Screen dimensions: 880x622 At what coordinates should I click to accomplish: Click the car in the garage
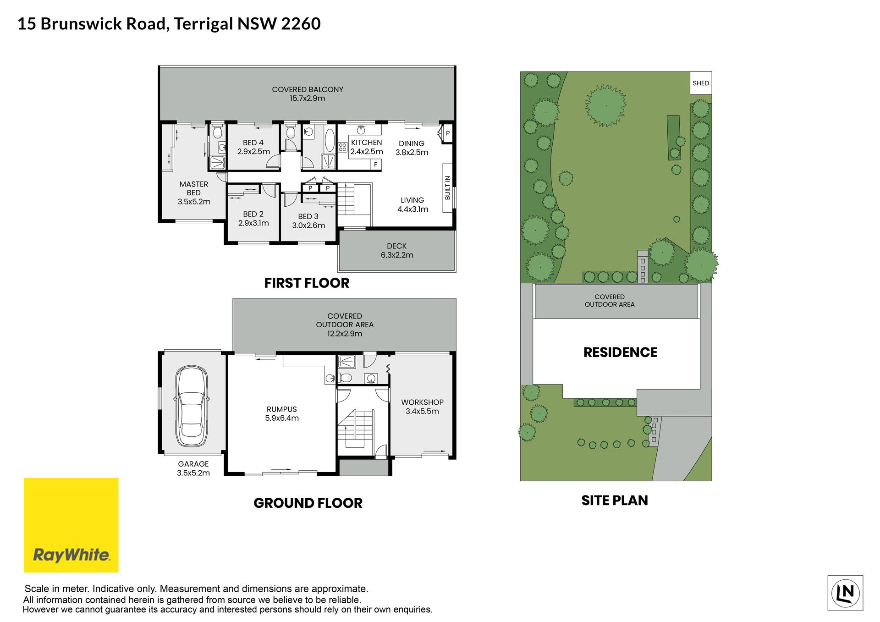(x=192, y=406)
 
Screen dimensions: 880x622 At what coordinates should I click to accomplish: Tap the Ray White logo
(x=71, y=525)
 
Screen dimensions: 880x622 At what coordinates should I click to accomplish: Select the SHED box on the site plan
(x=701, y=83)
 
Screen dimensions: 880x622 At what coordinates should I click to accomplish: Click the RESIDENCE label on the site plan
(x=620, y=352)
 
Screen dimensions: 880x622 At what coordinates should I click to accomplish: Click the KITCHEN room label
(x=366, y=143)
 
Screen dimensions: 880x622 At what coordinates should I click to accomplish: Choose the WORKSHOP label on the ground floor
(x=422, y=402)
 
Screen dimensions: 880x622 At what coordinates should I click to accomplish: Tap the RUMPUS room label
(x=282, y=409)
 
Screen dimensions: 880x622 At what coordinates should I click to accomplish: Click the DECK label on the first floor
(x=396, y=246)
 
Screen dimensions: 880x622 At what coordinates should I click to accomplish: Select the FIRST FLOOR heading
(x=307, y=283)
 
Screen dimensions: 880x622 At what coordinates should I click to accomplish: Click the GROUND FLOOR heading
(x=308, y=503)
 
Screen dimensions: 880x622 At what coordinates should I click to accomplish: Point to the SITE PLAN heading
(x=615, y=500)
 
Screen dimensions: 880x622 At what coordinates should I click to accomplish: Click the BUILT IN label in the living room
(x=448, y=187)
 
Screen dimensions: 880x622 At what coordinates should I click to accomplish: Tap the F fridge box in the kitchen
(x=376, y=165)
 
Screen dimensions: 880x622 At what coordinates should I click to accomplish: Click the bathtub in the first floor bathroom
(x=330, y=140)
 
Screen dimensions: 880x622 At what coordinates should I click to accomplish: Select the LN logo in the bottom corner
(x=845, y=593)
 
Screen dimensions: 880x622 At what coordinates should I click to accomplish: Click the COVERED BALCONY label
(x=308, y=89)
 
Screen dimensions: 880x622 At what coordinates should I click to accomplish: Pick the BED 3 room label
(x=308, y=216)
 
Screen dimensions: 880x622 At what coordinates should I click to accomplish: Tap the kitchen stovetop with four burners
(x=342, y=147)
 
